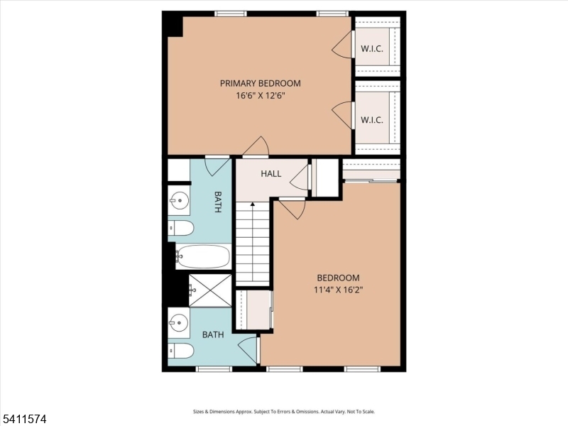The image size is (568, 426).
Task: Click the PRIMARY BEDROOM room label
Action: click(260, 83)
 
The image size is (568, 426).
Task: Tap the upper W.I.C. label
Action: click(372, 49)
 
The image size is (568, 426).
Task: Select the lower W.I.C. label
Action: click(372, 119)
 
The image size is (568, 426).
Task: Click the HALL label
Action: click(271, 173)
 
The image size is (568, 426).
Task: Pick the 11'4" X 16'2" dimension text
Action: click(338, 290)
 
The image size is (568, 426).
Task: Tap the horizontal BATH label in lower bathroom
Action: click(214, 334)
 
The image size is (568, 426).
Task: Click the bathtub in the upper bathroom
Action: click(204, 256)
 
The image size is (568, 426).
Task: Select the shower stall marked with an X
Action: click(210, 290)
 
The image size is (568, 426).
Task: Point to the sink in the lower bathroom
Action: click(178, 323)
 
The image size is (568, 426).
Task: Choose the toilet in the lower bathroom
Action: click(181, 351)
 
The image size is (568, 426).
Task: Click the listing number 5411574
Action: click(25, 419)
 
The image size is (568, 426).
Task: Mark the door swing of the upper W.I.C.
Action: click(342, 45)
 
